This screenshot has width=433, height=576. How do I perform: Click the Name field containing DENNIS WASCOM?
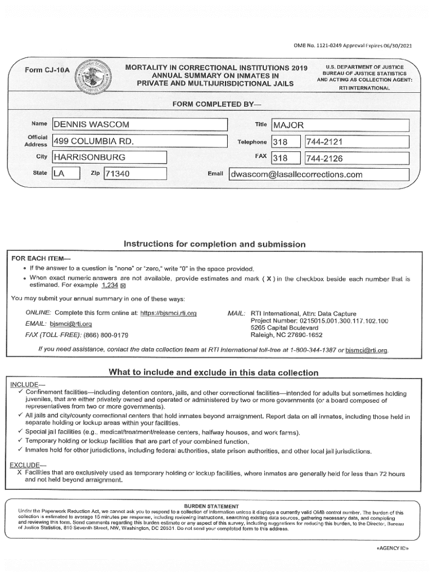139,125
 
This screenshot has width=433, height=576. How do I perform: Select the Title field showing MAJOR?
340,125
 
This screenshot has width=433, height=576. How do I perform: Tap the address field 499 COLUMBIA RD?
139,141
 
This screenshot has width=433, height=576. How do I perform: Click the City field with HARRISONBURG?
110,157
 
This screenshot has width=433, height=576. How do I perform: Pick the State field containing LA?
66,174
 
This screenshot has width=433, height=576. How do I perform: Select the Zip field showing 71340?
136,174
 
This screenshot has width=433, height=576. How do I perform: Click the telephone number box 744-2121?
357,142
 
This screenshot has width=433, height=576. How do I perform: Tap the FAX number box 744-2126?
357,158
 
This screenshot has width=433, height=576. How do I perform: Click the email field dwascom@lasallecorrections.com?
319,174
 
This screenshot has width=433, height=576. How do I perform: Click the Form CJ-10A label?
48,70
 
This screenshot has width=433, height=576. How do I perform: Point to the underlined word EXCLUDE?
25,465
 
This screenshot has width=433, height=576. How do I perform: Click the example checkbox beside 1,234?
124,286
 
